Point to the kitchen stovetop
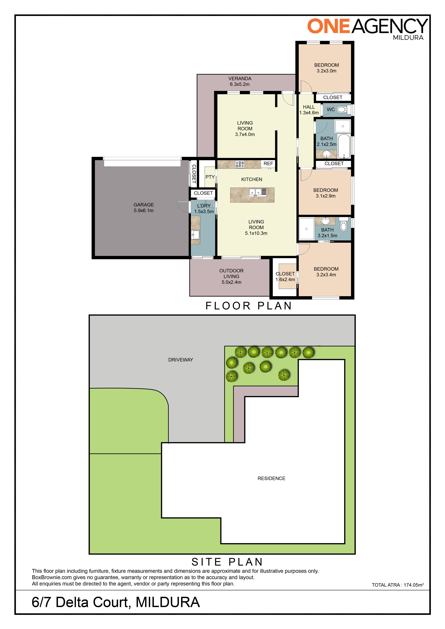coord(240,164)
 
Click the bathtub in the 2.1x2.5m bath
coord(344,146)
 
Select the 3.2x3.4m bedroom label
coord(326,272)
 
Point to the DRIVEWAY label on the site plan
coord(181,360)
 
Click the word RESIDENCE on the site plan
coord(271,478)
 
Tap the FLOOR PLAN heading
coord(249,306)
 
